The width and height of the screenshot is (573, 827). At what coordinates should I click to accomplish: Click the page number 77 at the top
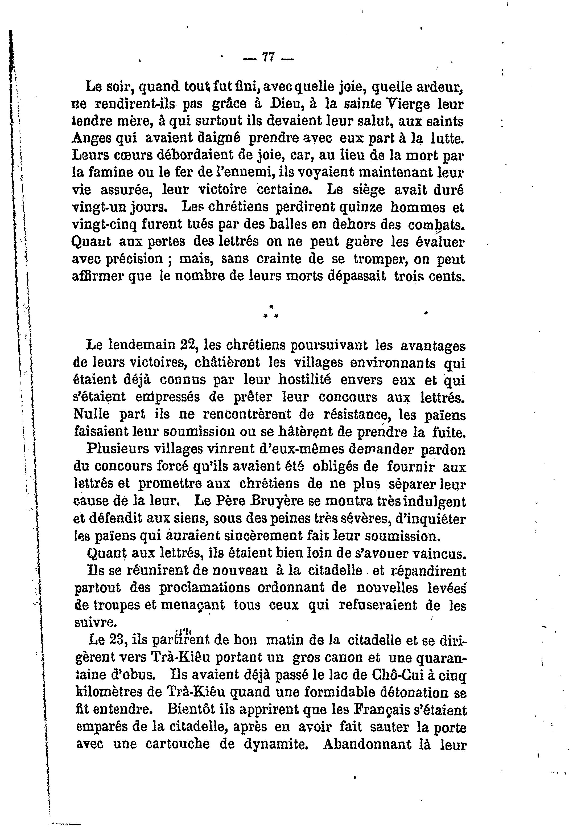point(269,58)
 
